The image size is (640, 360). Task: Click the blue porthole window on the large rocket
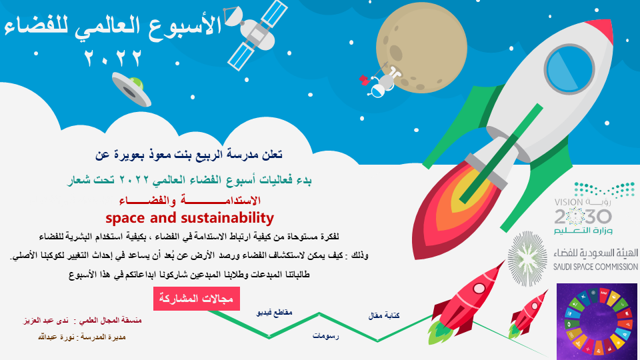(x=569, y=69)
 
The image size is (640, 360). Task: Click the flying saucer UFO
(x=131, y=89)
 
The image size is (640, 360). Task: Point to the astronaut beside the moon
(x=384, y=81)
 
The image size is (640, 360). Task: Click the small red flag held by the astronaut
(x=364, y=79)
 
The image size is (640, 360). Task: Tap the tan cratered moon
(x=421, y=47)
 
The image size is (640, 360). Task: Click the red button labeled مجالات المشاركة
(x=196, y=299)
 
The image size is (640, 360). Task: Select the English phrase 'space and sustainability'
(x=190, y=218)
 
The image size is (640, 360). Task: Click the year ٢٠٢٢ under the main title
(x=113, y=58)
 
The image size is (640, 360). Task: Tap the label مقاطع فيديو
(x=274, y=313)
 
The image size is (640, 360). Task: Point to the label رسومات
(x=326, y=336)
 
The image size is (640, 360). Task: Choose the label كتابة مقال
(x=384, y=315)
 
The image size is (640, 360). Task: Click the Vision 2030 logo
(x=583, y=208)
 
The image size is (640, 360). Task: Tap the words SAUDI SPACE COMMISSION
(x=595, y=267)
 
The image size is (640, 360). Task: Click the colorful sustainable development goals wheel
(x=597, y=321)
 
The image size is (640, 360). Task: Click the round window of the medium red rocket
(x=479, y=289)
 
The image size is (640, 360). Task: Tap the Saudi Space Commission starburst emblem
(x=527, y=259)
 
